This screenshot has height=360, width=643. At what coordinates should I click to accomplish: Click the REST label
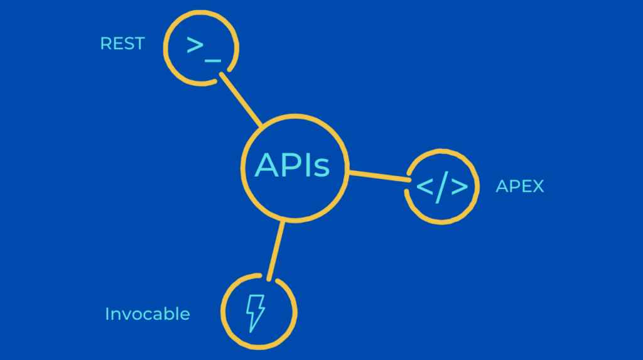pos(122,44)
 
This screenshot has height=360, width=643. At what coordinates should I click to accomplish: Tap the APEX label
pos(519,186)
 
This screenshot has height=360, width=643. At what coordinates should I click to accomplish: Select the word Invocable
pos(148,314)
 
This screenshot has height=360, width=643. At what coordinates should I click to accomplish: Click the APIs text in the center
pos(292,165)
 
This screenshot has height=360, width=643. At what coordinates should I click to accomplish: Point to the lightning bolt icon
pos(255,312)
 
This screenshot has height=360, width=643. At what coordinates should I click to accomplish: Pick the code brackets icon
pos(442,187)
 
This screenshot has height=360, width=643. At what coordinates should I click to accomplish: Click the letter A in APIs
pos(266,165)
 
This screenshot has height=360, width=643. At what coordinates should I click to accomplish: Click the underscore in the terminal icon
pos(213,59)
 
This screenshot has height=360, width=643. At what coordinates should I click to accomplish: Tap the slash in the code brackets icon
pos(442,187)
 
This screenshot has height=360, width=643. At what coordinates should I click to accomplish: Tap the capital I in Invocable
pos(107,314)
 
